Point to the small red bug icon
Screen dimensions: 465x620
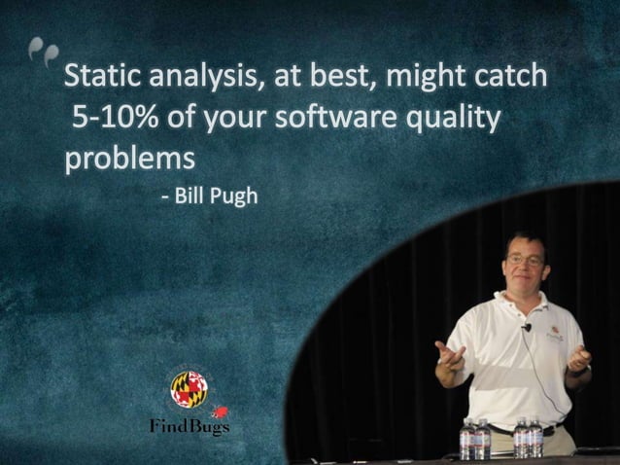tap(221, 412)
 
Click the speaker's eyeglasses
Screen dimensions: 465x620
tap(526, 261)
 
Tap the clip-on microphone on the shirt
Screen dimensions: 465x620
tap(525, 329)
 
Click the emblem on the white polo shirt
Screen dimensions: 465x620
tap(555, 332)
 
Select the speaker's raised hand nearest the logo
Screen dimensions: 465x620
tap(449, 352)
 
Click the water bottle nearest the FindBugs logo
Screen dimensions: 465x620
tap(467, 439)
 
